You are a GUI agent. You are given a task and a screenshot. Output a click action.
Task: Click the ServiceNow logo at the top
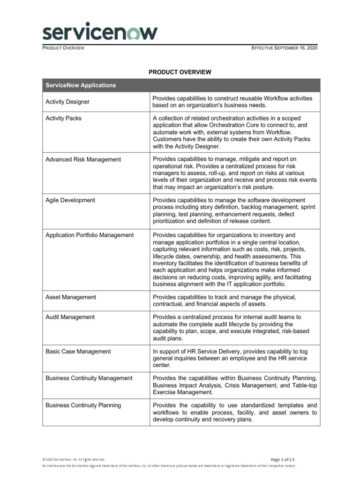tap(100, 33)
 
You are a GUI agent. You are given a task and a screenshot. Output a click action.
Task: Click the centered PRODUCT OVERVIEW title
tap(180, 72)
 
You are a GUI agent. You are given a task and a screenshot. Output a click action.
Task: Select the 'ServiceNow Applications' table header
tap(81, 85)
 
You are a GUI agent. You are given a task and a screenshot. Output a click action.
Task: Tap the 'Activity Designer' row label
tap(67, 102)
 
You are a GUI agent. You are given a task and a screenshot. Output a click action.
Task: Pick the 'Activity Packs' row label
tap(63, 118)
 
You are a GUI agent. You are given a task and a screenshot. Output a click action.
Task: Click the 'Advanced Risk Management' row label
tap(83, 159)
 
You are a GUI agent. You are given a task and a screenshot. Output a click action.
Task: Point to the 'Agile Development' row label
tap(70, 200)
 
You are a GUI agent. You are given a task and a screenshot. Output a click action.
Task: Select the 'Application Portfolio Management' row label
tap(90, 235)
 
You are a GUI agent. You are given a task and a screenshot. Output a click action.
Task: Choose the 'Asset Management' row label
tap(71, 297)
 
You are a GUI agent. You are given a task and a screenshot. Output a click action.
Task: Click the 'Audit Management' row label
tap(70, 317)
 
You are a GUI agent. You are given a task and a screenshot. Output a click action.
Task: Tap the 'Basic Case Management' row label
tap(78, 352)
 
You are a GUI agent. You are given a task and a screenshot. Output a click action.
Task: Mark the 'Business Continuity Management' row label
tap(89, 378)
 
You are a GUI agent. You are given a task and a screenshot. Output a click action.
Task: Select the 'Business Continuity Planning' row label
tap(83, 405)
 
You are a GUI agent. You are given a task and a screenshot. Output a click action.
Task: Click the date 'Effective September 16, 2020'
tap(285, 48)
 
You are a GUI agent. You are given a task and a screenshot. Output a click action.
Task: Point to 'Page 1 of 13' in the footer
tap(283, 459)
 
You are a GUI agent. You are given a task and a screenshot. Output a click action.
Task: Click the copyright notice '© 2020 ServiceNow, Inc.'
tap(74, 459)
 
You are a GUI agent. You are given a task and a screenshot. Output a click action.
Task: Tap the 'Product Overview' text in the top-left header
tap(63, 48)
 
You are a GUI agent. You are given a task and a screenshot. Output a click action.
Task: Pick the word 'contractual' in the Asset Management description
tap(169, 304)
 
